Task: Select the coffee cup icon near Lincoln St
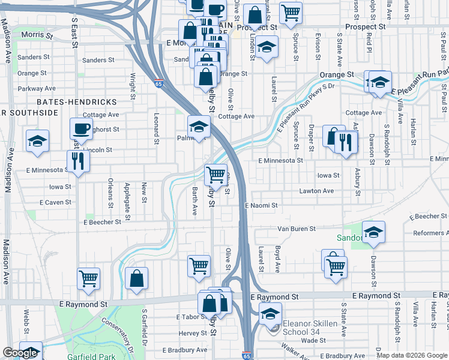[81, 128]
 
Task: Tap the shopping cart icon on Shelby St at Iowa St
[215, 175]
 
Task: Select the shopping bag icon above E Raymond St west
[137, 278]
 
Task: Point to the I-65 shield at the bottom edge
[247, 355]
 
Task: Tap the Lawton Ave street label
[317, 191]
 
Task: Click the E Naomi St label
[261, 205]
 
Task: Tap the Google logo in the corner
[20, 353]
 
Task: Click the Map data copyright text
[411, 355]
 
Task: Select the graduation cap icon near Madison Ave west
[37, 140]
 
